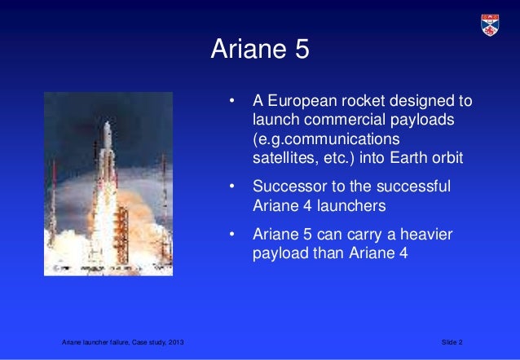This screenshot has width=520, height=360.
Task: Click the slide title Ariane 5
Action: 260,50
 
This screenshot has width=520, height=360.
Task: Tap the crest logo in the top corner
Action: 489,24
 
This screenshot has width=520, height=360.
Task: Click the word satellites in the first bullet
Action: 282,156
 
